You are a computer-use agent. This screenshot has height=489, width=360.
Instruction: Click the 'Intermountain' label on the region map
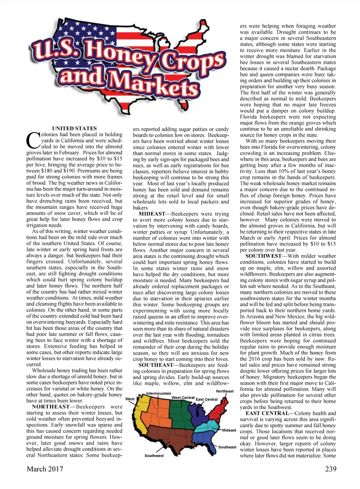(x=159, y=393)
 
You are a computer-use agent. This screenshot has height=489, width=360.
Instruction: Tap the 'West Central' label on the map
(x=183, y=398)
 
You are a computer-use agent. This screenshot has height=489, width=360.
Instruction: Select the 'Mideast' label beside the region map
(x=229, y=430)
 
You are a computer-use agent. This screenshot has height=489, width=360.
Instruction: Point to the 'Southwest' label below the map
(x=154, y=456)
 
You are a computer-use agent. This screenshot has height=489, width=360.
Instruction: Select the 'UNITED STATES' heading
(x=74, y=129)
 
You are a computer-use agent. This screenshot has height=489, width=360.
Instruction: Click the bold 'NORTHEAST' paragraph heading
(x=51, y=407)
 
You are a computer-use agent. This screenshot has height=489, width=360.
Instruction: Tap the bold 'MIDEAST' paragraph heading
(x=152, y=214)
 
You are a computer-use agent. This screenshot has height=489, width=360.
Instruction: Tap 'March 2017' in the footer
(x=45, y=469)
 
